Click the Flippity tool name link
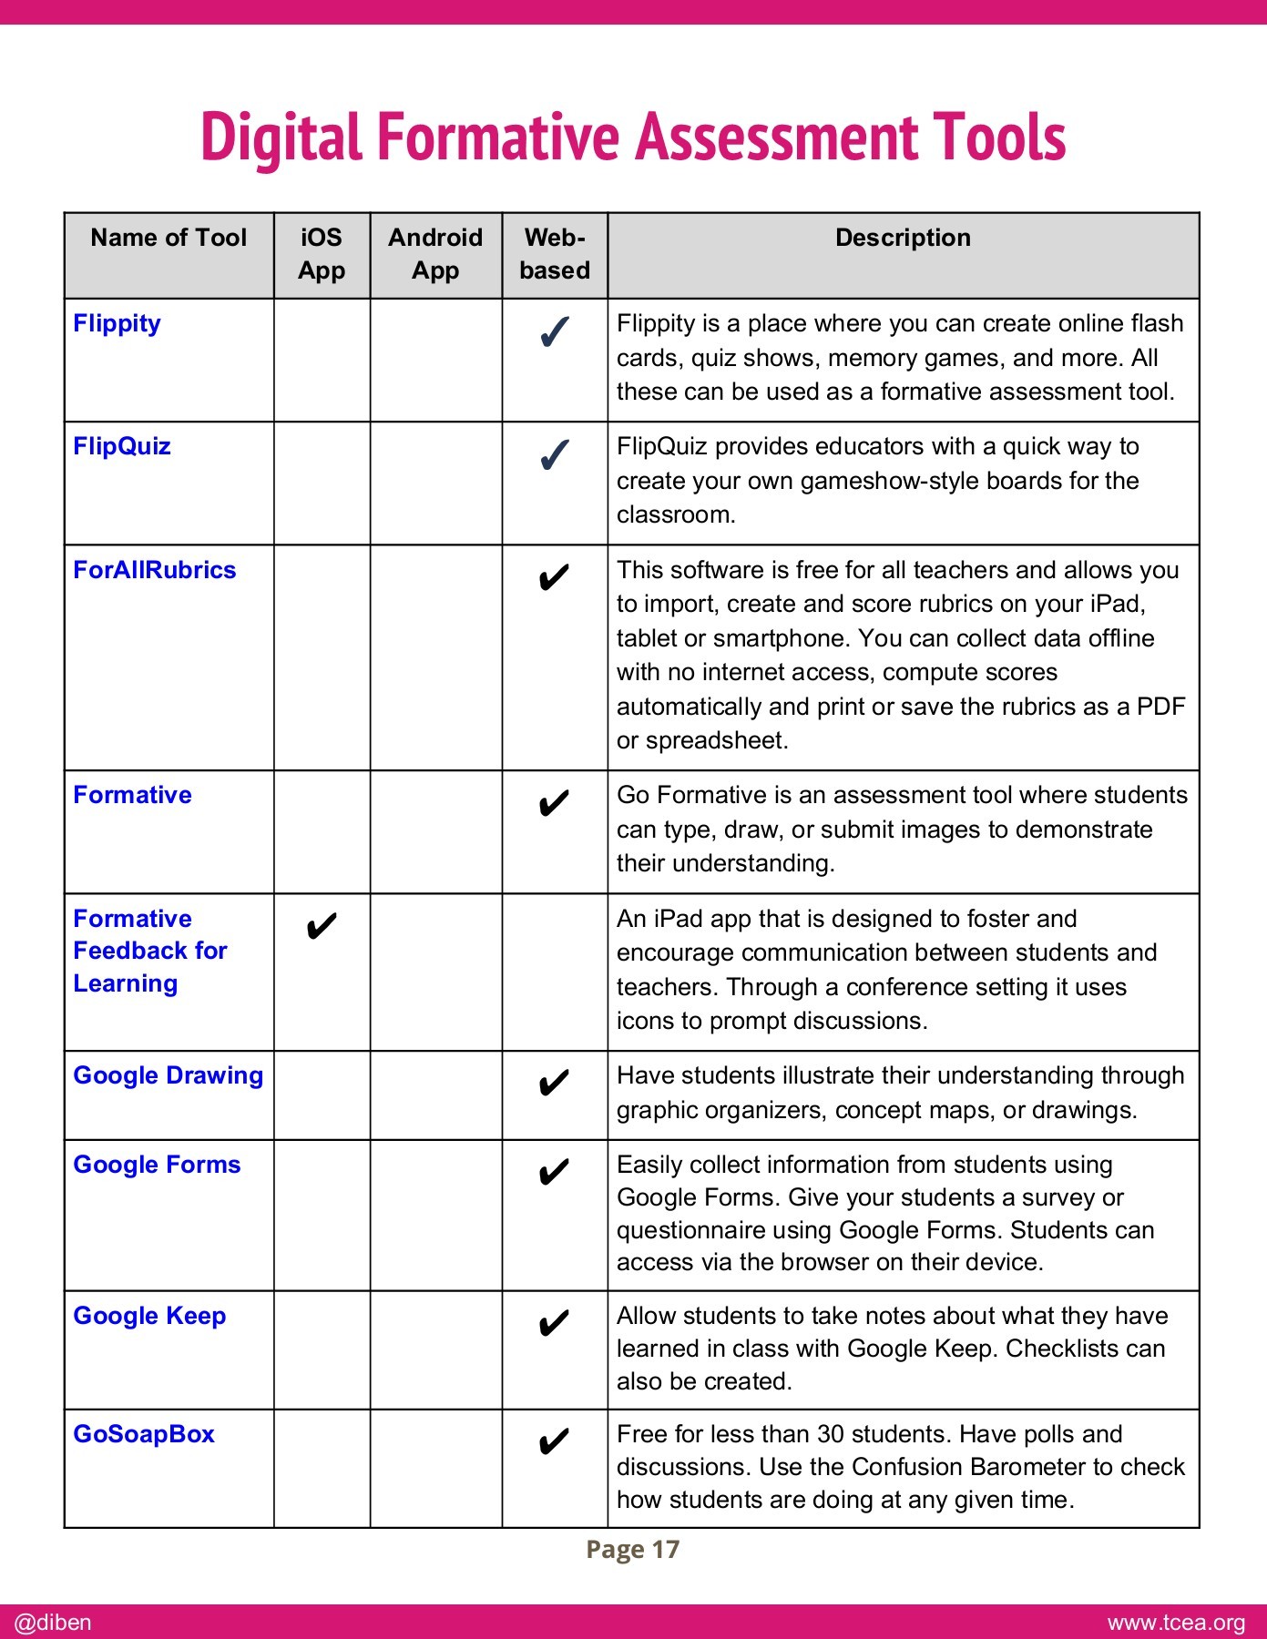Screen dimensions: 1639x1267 (x=117, y=324)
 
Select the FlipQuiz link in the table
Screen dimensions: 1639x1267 (x=122, y=446)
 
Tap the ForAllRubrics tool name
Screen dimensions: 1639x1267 (x=154, y=570)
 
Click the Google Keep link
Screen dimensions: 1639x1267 (x=149, y=1316)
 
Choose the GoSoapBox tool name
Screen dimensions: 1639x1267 (x=144, y=1434)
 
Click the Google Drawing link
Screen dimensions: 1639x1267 (x=168, y=1075)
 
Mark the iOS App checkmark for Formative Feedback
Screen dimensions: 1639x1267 (x=322, y=926)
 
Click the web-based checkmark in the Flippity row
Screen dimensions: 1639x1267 (x=555, y=332)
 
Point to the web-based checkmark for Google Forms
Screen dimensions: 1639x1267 (x=554, y=1172)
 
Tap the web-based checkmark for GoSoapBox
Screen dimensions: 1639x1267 (x=554, y=1441)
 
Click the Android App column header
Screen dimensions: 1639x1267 (x=435, y=254)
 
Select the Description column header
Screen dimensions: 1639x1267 (x=903, y=238)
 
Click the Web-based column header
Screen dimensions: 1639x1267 (x=555, y=254)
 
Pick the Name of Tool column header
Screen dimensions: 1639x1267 (x=169, y=238)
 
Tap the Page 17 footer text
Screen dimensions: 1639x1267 (x=633, y=1550)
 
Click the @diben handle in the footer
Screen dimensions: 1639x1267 (x=53, y=1623)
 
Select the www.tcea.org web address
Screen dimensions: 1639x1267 (x=1176, y=1623)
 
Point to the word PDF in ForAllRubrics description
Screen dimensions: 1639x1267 (x=1161, y=707)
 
